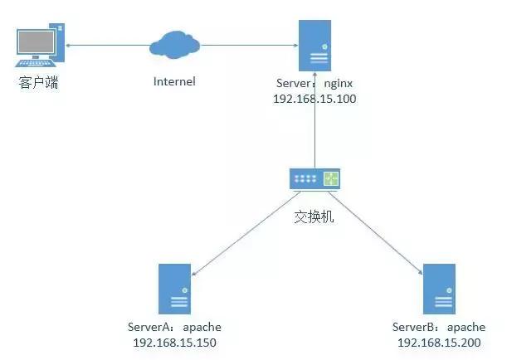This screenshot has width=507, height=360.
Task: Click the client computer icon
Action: click(40, 47)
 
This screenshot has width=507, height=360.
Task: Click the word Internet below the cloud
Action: click(174, 81)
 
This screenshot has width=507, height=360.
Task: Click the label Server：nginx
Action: click(314, 84)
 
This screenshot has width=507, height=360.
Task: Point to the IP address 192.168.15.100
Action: click(314, 99)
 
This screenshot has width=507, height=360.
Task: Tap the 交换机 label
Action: click(314, 217)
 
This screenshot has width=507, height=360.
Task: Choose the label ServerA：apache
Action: click(175, 327)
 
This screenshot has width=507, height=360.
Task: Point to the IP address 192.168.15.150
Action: click(175, 342)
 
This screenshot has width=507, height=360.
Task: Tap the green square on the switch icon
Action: click(332, 178)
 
